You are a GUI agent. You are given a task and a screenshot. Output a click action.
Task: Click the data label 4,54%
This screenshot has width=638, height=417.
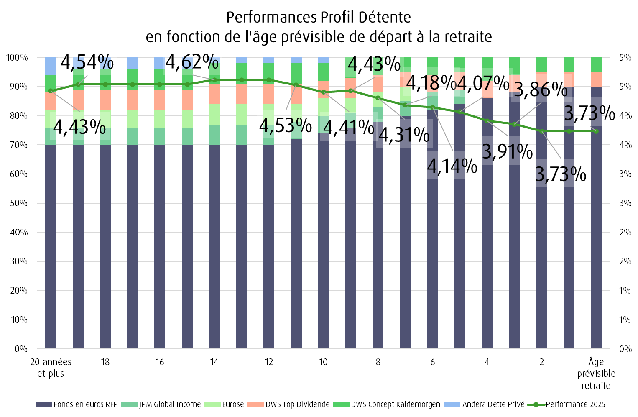click(87, 62)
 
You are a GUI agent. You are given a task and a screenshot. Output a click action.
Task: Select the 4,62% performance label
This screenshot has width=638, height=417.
click(192, 62)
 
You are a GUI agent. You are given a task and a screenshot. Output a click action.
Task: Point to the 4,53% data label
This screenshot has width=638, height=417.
click(286, 125)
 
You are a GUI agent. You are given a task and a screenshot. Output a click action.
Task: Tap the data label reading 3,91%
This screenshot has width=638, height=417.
click(507, 151)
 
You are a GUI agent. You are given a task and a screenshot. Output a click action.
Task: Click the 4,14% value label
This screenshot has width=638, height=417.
click(452, 166)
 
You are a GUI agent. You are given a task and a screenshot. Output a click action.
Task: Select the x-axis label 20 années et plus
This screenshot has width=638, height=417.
click(51, 367)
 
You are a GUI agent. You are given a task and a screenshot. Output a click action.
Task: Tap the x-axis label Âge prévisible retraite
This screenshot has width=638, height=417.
click(596, 373)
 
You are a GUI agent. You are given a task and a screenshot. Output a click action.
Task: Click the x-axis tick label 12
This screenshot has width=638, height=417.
click(269, 362)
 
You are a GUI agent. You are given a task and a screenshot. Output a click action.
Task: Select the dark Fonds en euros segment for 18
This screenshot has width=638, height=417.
click(105, 247)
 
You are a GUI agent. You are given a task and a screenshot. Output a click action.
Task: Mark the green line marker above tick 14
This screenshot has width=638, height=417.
click(214, 79)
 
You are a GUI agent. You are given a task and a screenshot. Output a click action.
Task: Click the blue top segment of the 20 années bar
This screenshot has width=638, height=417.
click(51, 66)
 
